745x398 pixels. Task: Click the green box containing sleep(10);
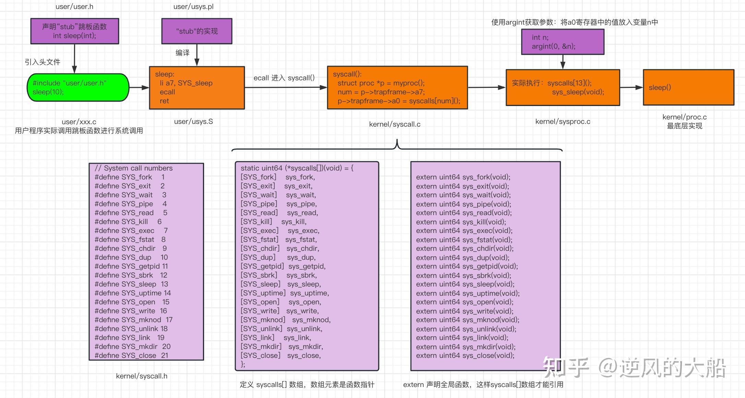pyautogui.click(x=78, y=87)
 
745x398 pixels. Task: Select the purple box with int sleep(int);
pyautogui.click(x=74, y=31)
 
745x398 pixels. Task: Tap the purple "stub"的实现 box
pyautogui.click(x=197, y=31)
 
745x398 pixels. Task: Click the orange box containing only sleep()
pyautogui.click(x=688, y=87)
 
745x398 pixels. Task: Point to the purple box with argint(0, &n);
pyautogui.click(x=562, y=42)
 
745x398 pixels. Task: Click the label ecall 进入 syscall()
pyautogui.click(x=284, y=78)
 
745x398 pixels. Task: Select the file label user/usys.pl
pyautogui.click(x=193, y=7)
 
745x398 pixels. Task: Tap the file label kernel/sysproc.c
pyautogui.click(x=563, y=121)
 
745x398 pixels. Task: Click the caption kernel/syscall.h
pyautogui.click(x=142, y=376)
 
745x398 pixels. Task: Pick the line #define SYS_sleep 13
pyautogui.click(x=131, y=284)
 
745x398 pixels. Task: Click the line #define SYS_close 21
pyautogui.click(x=131, y=355)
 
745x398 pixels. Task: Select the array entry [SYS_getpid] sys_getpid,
pyautogui.click(x=283, y=266)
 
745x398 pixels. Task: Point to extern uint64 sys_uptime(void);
pyautogui.click(x=468, y=293)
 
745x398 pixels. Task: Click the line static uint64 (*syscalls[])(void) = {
pyautogui.click(x=297, y=168)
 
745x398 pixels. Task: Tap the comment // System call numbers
pyautogui.click(x=133, y=168)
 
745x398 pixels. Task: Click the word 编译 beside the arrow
pyautogui.click(x=182, y=53)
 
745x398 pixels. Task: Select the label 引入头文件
pyautogui.click(x=42, y=62)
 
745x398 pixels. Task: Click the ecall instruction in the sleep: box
pyautogui.click(x=167, y=92)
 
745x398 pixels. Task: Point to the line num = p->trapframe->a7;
pyautogui.click(x=381, y=92)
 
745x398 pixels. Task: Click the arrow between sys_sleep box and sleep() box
pyautogui.click(x=631, y=87)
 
